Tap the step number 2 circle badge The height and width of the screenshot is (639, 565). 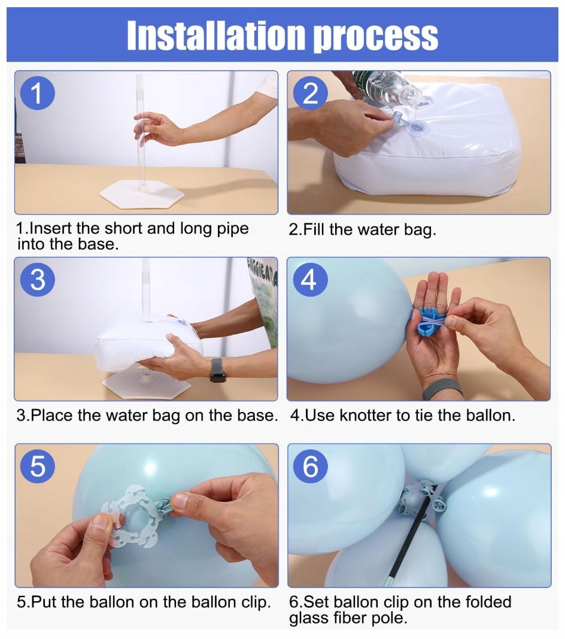pyautogui.click(x=311, y=93)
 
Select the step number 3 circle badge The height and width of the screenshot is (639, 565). pyautogui.click(x=38, y=280)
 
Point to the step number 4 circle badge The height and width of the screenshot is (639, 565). pyautogui.click(x=310, y=280)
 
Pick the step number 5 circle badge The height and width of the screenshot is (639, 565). pyautogui.click(x=38, y=466)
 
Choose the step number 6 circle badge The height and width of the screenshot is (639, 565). pyautogui.click(x=311, y=466)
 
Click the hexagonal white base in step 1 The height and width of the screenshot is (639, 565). pyautogui.click(x=141, y=193)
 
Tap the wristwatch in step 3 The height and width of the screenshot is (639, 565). pyautogui.click(x=218, y=370)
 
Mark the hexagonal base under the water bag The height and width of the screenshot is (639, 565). pyautogui.click(x=147, y=384)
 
